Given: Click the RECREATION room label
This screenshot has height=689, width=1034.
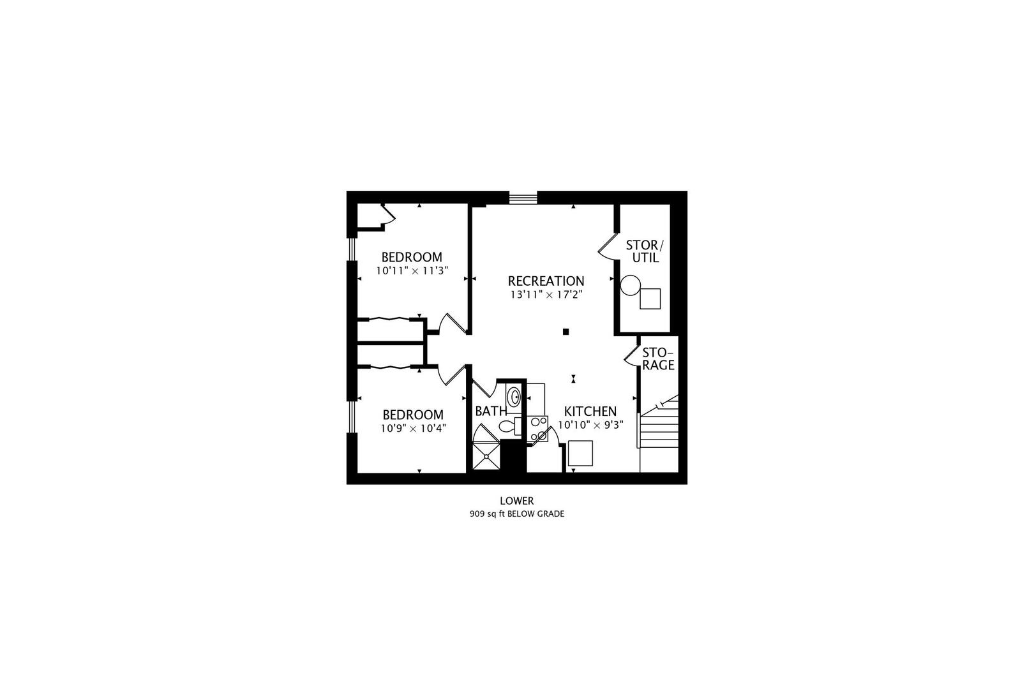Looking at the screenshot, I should tap(546, 281).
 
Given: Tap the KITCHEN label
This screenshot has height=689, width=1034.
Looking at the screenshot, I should tap(590, 411).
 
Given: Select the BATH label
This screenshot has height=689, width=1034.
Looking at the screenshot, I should tap(490, 411).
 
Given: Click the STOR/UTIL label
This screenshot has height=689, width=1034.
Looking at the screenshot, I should tap(645, 251).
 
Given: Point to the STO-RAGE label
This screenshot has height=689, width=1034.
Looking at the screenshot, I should tap(658, 359).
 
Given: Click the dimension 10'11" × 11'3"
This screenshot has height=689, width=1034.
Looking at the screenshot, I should tap(412, 270).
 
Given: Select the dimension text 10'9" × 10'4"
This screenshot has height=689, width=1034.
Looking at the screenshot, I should tap(412, 427).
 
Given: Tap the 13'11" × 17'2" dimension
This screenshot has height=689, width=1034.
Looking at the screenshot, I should tap(546, 295).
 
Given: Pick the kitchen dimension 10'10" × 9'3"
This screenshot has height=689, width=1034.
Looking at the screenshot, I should tap(590, 425).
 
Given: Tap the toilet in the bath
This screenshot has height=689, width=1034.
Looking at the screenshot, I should tap(509, 426).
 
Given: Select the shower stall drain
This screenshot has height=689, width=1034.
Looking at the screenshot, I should tap(486, 457).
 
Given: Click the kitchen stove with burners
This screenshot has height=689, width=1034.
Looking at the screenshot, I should tap(538, 428).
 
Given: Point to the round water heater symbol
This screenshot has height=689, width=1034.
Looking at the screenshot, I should tap(631, 285).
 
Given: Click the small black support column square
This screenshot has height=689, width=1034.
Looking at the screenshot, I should tap(566, 332).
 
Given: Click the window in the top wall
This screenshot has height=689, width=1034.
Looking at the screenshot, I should tap(523, 198).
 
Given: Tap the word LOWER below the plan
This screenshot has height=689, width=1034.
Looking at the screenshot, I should tap(517, 501).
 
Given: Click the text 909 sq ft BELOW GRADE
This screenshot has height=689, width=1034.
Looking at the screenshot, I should tap(517, 514).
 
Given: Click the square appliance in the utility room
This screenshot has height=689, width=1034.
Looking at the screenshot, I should tap(650, 299).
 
